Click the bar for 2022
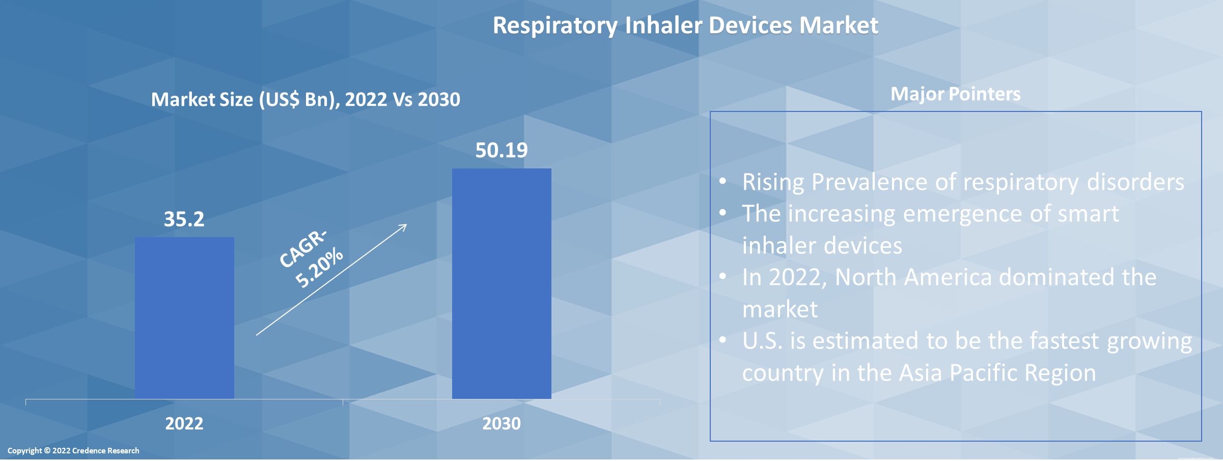coord(184,318)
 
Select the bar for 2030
coord(502,283)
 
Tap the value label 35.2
coord(184,219)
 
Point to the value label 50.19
coord(502,150)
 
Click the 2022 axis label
coord(184,423)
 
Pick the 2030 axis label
coord(502,423)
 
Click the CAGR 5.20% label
coord(311,258)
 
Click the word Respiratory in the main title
coord(554,25)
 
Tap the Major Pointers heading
coord(955,94)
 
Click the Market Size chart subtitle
coord(305,99)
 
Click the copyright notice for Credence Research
coord(73,451)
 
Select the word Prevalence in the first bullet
coord(869,182)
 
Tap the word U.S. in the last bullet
coord(762,341)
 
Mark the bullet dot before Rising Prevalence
coord(722,181)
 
